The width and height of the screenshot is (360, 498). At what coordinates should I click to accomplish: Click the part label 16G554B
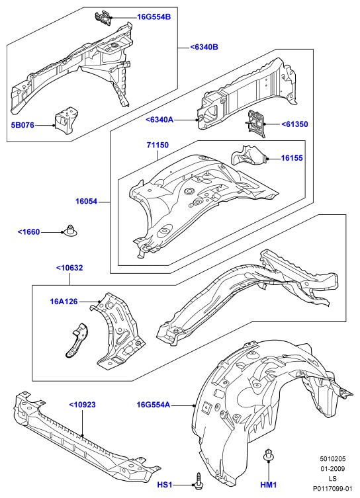(x=154, y=17)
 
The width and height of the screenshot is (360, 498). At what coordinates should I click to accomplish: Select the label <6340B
(x=204, y=48)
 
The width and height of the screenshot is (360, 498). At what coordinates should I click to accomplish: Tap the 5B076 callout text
(x=22, y=125)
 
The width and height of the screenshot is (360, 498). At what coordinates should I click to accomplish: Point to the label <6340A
(x=159, y=120)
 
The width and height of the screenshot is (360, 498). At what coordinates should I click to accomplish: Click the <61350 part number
(x=295, y=124)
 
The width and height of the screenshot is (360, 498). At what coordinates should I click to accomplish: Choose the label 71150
(x=157, y=145)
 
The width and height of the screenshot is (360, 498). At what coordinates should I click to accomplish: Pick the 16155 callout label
(x=292, y=158)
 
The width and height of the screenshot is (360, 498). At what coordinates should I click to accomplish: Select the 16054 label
(x=87, y=201)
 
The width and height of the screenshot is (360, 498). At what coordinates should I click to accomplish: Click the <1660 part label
(x=29, y=232)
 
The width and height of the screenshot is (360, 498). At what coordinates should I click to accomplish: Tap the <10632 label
(x=69, y=268)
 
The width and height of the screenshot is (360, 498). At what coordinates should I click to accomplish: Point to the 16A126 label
(x=64, y=302)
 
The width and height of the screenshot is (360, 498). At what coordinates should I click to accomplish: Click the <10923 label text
(x=82, y=405)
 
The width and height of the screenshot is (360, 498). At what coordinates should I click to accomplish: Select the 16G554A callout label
(x=154, y=405)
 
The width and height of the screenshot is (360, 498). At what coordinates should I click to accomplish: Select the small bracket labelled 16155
(x=248, y=155)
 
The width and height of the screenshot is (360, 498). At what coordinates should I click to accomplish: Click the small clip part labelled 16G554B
(x=103, y=17)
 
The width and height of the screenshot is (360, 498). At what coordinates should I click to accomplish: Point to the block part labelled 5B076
(x=67, y=121)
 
